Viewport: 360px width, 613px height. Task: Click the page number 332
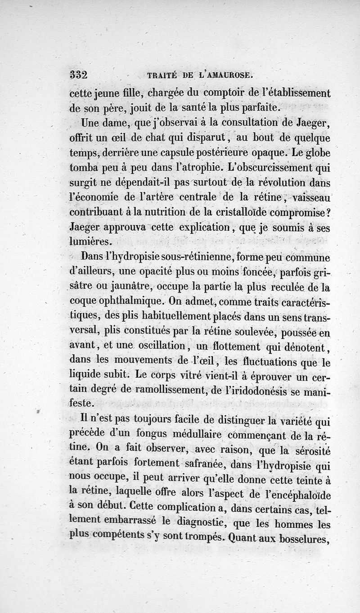click(80, 75)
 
